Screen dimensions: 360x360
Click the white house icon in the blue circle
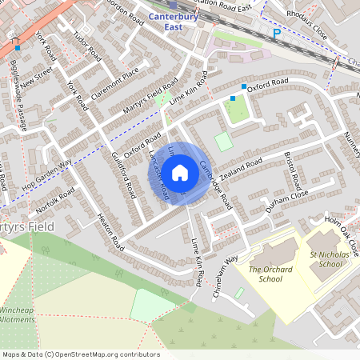tap(180, 173)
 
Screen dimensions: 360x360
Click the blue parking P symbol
tap(277, 34)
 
